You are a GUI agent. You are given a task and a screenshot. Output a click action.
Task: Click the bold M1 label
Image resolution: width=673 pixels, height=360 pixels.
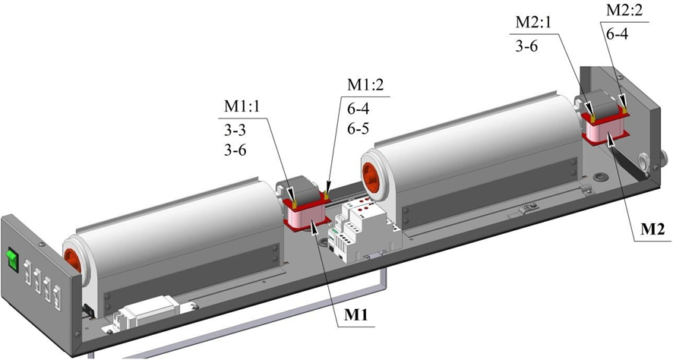(x=356, y=316)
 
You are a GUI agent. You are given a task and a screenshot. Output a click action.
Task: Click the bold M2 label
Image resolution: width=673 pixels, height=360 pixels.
(x=652, y=229)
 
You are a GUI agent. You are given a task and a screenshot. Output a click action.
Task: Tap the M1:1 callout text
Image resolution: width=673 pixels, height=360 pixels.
(x=242, y=107)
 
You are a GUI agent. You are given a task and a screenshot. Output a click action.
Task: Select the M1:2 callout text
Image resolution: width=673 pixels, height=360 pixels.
(x=365, y=85)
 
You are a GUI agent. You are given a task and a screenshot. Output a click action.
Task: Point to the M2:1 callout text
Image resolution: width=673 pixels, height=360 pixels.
(x=533, y=23)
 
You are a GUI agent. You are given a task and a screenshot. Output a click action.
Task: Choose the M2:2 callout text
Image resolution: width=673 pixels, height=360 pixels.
(x=624, y=11)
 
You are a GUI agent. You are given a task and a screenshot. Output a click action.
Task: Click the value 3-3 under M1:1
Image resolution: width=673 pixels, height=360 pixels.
(x=235, y=128)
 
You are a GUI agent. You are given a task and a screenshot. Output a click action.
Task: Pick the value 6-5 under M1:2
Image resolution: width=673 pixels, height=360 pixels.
(x=359, y=128)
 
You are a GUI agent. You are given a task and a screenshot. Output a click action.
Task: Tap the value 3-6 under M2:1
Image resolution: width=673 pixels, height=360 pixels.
(x=526, y=46)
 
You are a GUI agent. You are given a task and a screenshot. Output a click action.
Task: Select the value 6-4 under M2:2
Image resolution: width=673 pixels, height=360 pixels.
(x=618, y=34)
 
